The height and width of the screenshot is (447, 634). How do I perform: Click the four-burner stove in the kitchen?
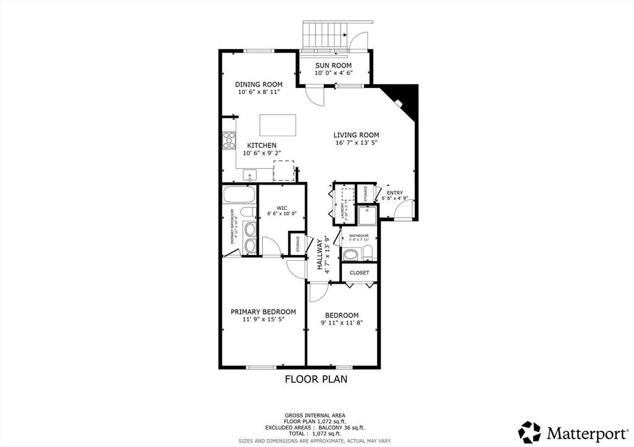pos(229,141)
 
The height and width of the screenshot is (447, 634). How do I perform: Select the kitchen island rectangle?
pos(277,124)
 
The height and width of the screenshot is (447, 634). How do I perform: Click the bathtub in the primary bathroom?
pos(239,196)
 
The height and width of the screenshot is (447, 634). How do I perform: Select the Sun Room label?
pos(333,66)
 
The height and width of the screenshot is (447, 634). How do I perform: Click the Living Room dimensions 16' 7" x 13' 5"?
pos(356,143)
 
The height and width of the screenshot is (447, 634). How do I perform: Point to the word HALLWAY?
pos(320,254)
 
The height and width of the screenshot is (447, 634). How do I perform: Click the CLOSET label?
pos(359,272)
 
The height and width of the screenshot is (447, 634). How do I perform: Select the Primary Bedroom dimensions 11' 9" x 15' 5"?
pos(263,319)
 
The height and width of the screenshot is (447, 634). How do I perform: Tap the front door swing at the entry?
pos(402,209)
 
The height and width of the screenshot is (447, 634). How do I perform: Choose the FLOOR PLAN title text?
pos(316,380)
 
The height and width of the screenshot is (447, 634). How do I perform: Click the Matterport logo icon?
pos(529,431)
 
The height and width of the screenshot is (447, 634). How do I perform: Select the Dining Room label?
pos(259,85)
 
